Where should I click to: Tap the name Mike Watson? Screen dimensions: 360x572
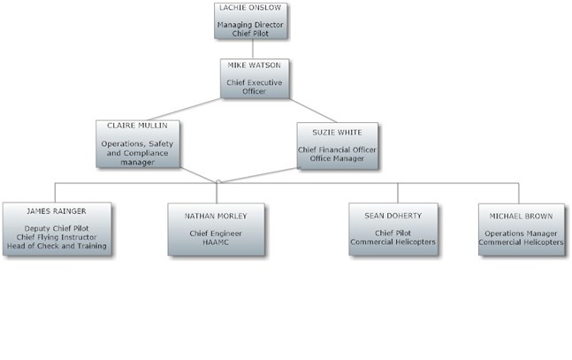(x=254, y=66)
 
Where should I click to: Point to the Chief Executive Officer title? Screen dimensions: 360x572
(x=254, y=87)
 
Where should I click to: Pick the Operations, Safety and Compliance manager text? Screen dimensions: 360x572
(x=138, y=152)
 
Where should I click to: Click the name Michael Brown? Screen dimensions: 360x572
(x=522, y=215)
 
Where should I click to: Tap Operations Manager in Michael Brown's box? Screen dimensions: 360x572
(x=522, y=234)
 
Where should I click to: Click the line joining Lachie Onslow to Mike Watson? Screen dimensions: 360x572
(x=254, y=49)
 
